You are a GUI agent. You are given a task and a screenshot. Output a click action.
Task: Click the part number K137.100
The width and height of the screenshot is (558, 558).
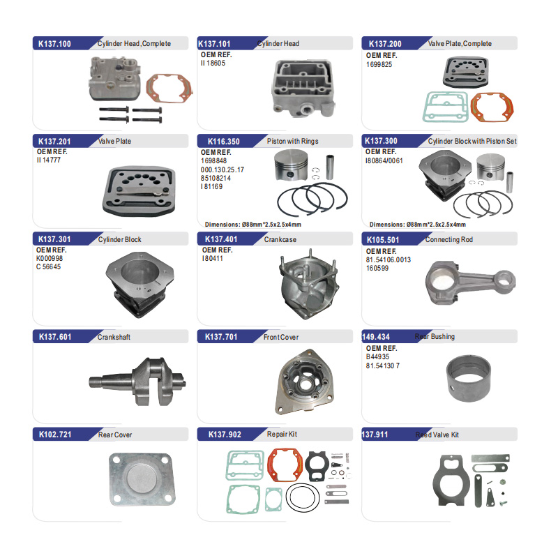(x=54, y=44)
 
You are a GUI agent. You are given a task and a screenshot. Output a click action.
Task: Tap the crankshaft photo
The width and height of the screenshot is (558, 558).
(x=137, y=382)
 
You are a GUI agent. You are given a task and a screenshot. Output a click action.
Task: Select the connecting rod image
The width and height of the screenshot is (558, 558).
(x=470, y=282)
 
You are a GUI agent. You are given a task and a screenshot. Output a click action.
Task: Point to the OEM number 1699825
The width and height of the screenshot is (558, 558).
(x=379, y=64)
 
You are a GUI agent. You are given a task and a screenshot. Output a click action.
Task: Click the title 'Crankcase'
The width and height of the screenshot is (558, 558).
(x=280, y=239)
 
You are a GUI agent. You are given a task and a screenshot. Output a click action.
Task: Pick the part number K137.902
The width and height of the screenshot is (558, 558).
(x=225, y=435)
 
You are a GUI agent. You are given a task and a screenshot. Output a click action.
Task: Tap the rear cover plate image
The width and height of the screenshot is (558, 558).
(x=142, y=479)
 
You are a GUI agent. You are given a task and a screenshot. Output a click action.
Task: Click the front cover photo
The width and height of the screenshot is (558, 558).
(x=305, y=382)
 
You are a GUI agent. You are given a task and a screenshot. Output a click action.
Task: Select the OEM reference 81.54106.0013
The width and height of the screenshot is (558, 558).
(x=389, y=259)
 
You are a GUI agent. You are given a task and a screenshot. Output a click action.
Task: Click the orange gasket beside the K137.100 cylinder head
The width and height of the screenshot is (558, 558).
(x=169, y=88)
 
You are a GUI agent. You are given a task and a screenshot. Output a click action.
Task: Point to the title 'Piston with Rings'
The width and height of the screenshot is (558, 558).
(x=292, y=142)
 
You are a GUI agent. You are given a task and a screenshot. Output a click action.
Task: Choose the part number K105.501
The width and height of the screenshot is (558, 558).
(x=383, y=240)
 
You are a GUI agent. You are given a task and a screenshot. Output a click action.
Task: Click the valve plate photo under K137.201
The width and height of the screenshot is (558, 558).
(x=139, y=191)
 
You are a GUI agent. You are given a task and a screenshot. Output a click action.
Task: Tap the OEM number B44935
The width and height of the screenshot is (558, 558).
(x=377, y=356)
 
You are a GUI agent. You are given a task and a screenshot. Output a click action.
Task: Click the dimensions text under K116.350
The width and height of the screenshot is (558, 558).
(x=253, y=225)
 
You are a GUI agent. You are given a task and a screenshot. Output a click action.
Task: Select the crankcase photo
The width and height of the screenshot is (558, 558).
(x=308, y=284)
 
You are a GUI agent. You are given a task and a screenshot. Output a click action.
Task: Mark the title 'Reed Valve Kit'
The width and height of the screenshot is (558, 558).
(x=437, y=435)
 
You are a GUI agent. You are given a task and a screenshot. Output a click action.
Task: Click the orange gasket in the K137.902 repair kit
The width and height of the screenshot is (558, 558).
(x=285, y=465)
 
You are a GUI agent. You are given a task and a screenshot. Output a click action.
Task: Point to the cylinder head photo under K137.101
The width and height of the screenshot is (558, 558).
(x=303, y=89)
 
